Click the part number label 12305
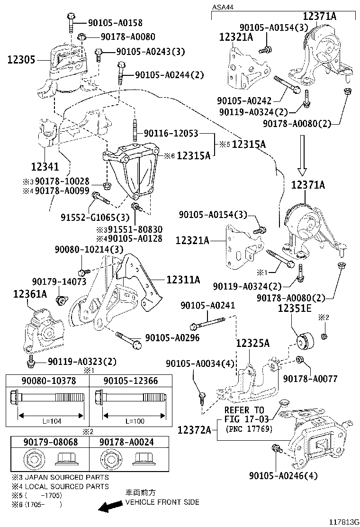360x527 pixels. (21, 60)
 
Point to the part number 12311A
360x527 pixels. (183, 280)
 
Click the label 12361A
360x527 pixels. (30, 294)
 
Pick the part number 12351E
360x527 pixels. (294, 308)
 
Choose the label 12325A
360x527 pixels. (252, 343)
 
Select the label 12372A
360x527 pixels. (194, 430)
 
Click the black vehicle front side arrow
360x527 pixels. (108, 507)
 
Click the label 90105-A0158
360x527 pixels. (115, 22)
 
